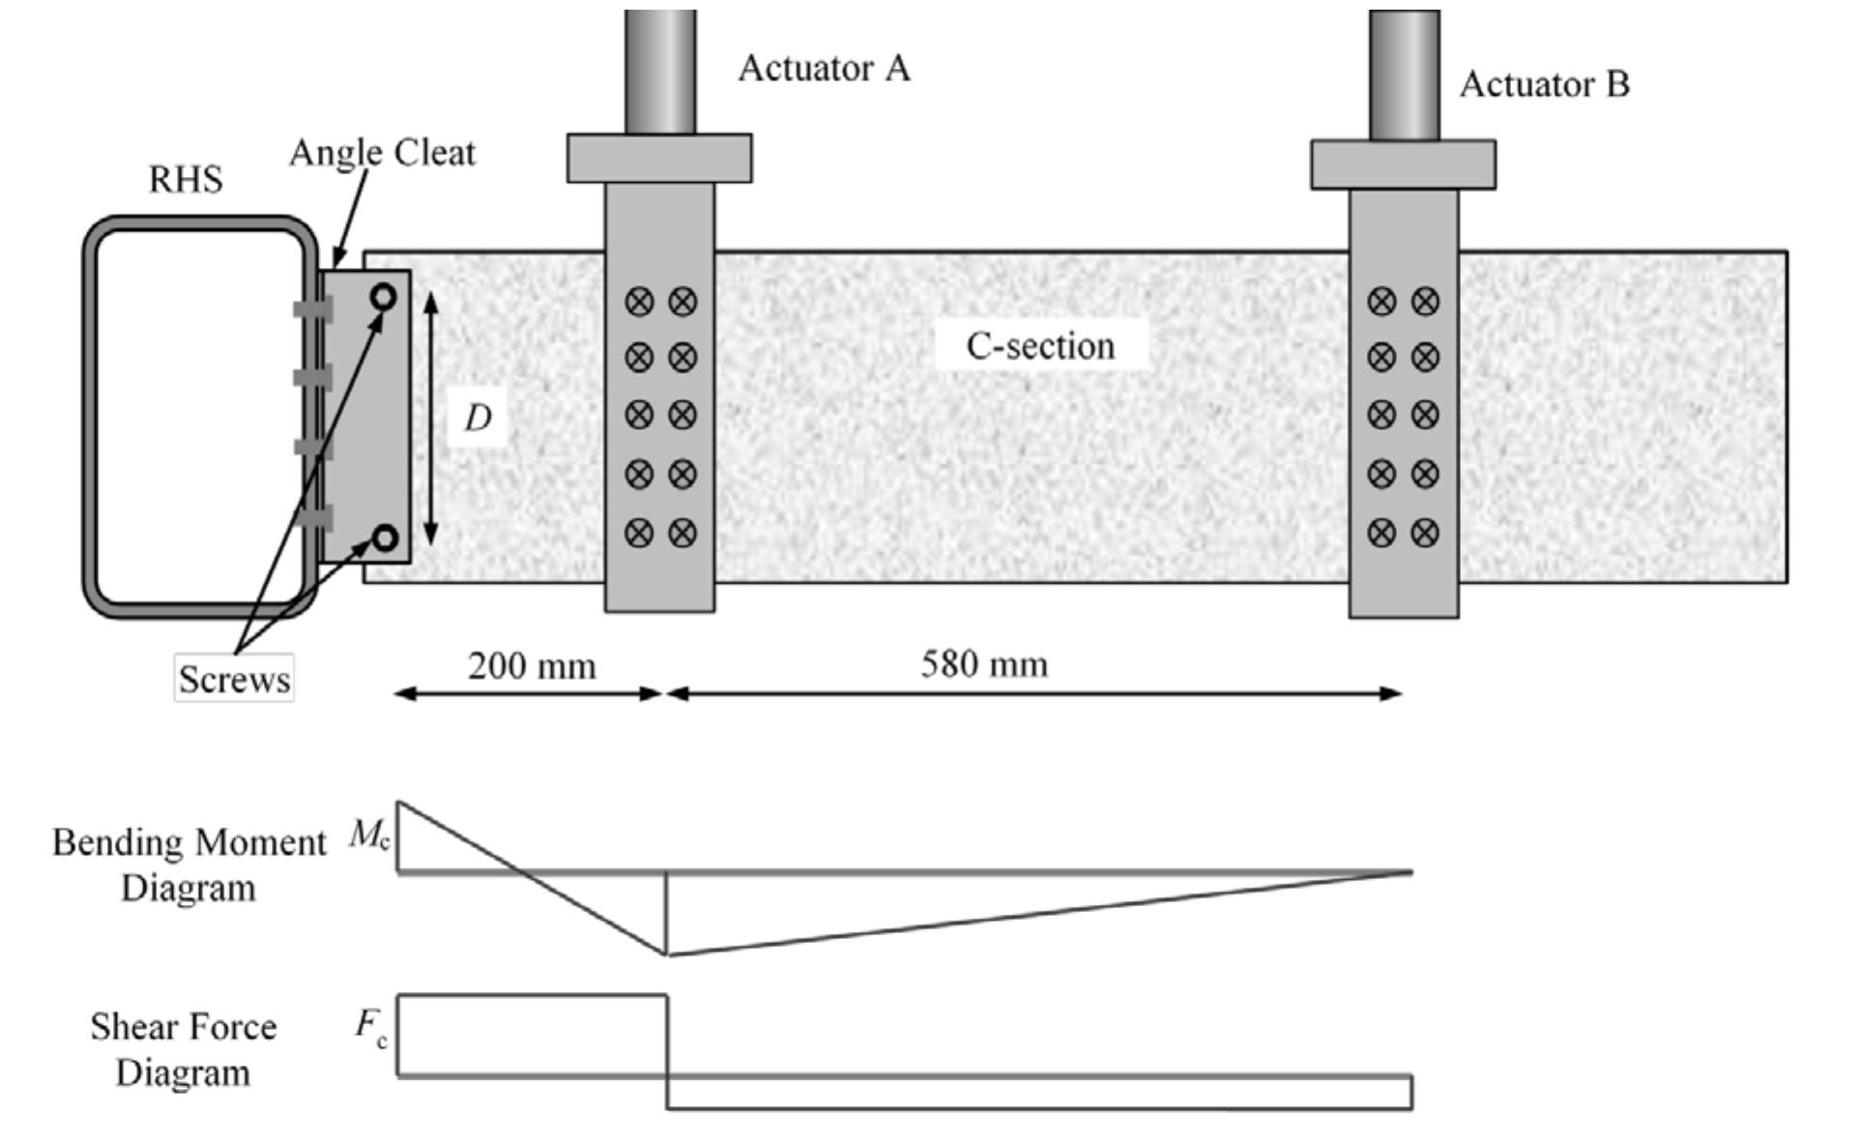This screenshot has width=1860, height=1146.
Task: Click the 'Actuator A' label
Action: click(x=824, y=69)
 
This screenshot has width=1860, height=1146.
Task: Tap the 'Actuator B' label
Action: click(x=1544, y=85)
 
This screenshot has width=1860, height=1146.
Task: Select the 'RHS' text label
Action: click(x=186, y=180)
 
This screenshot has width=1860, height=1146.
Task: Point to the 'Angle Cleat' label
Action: click(x=383, y=153)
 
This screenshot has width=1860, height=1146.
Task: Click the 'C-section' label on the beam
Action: click(x=1040, y=346)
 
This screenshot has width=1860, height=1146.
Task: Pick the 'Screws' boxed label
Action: click(x=234, y=679)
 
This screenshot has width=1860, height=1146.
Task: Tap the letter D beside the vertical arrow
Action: click(x=478, y=419)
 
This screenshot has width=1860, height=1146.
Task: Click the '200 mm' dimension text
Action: click(x=532, y=666)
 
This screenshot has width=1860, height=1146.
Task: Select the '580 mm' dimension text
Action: click(x=984, y=664)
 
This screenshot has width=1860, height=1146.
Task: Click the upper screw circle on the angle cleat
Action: click(x=384, y=297)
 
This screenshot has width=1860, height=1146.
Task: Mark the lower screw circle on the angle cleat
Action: click(x=385, y=538)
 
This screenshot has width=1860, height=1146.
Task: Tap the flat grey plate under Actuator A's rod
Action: click(x=659, y=159)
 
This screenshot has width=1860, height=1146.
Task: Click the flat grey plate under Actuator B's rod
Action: click(x=1403, y=164)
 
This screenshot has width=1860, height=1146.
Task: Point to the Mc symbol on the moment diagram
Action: click(x=369, y=835)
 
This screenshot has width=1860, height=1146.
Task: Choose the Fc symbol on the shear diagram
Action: click(x=371, y=1026)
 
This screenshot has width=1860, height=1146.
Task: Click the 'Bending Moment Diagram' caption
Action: click(x=189, y=865)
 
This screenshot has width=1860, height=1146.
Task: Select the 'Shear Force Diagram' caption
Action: click(x=184, y=1049)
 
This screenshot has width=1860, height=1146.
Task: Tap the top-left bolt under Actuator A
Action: click(x=639, y=302)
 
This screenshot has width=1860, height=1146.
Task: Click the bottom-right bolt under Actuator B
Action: click(x=1425, y=533)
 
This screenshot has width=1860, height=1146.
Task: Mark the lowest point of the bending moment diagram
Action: click(x=667, y=955)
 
